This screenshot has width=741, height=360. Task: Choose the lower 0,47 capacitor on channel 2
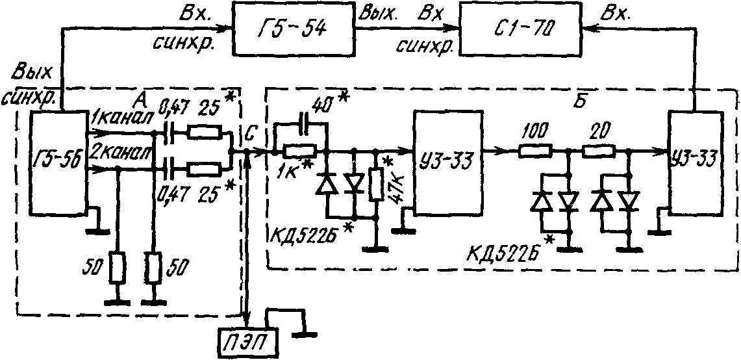[165, 169]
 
